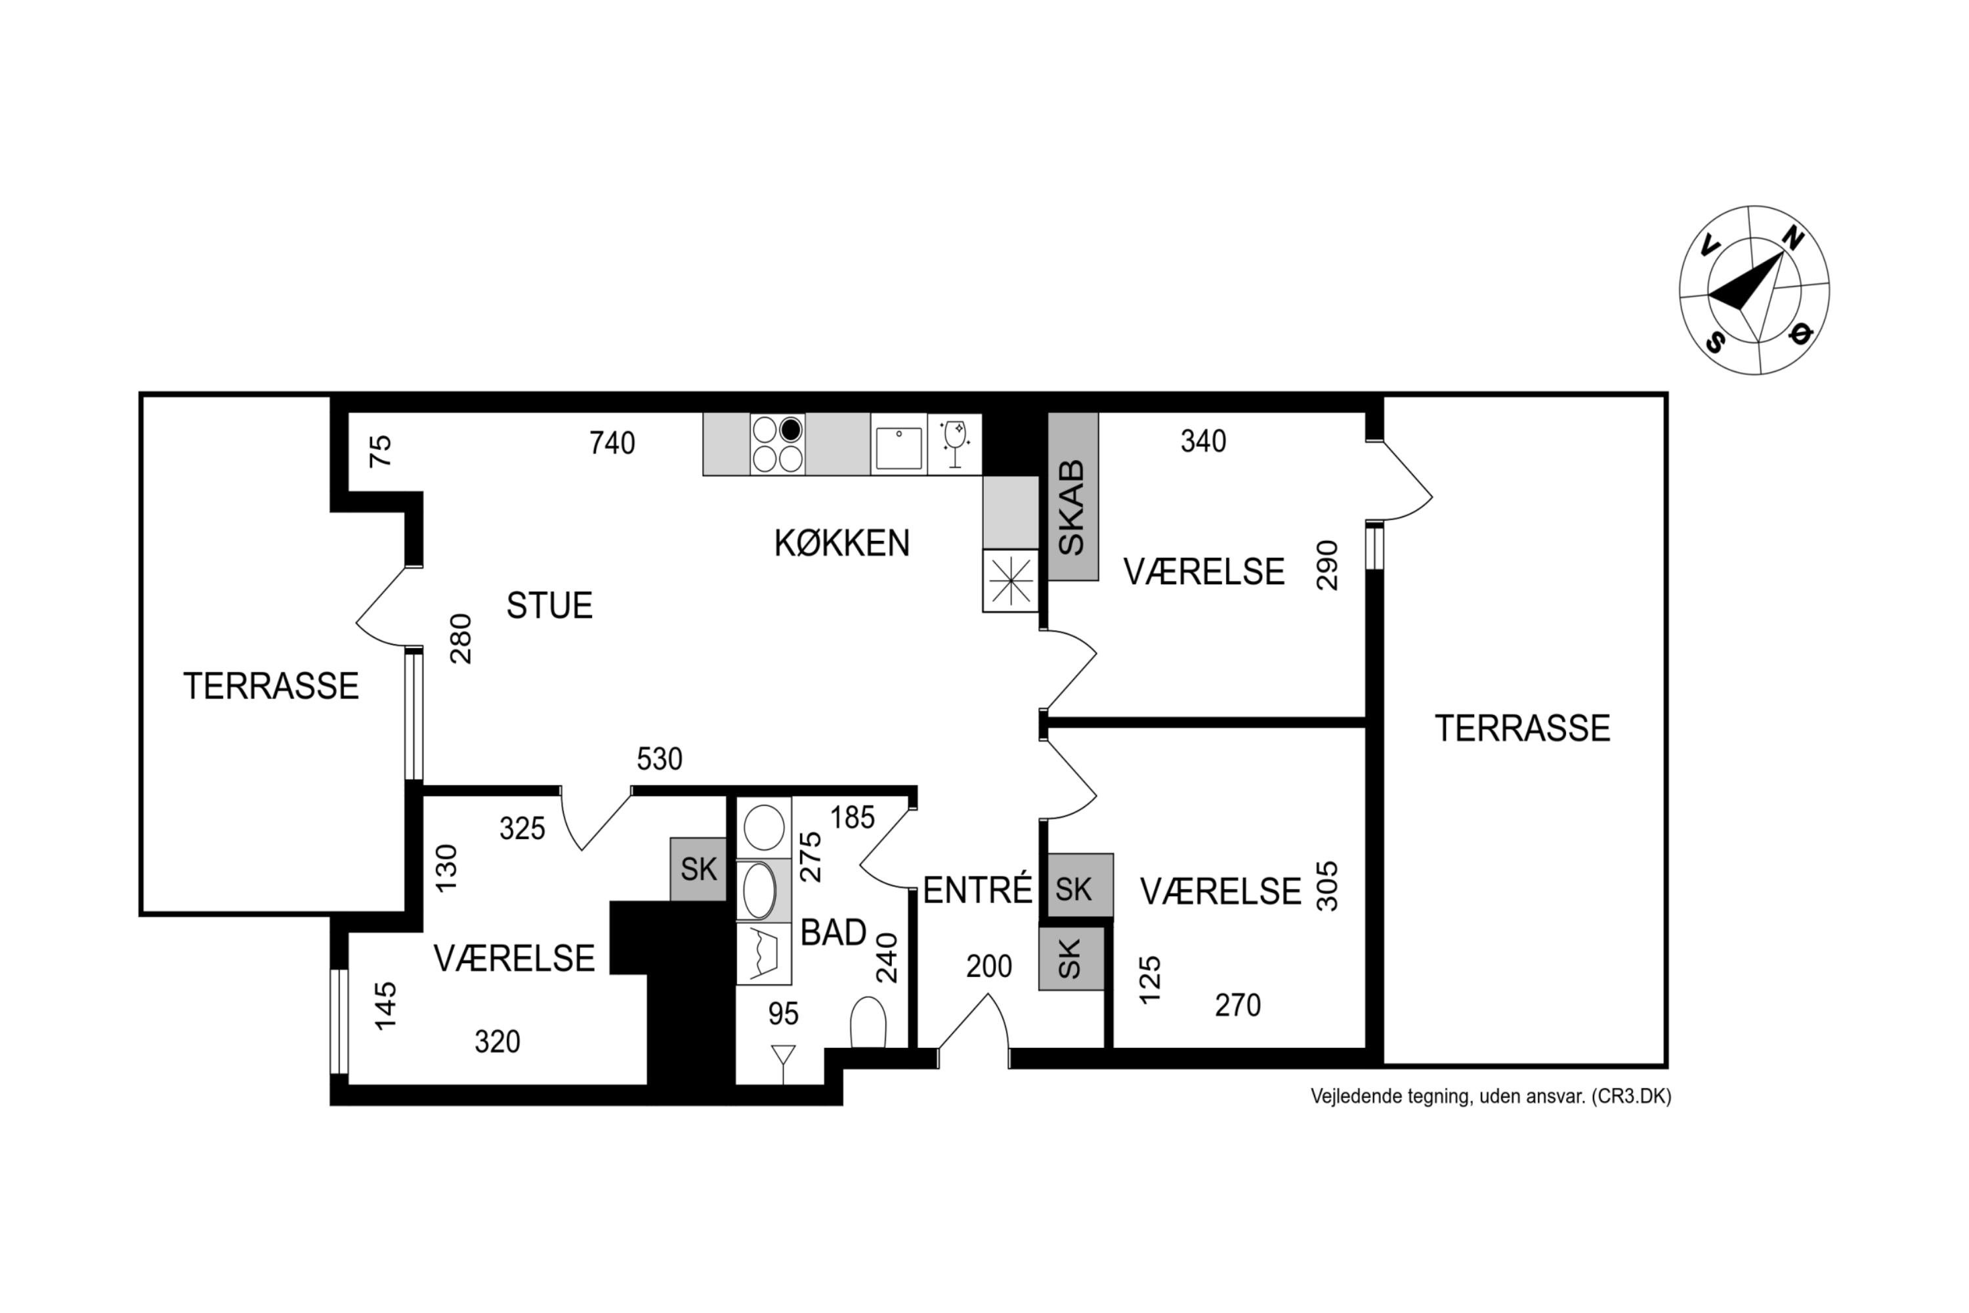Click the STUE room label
tap(549, 605)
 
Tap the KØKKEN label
tap(841, 544)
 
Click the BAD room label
tap(833, 932)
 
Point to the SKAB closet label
tap(1072, 507)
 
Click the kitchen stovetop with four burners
tap(777, 444)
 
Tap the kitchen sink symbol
tap(899, 447)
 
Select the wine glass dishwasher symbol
tap(954, 444)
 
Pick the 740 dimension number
tap(612, 443)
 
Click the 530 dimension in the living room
tap(660, 759)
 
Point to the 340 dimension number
tap(1203, 441)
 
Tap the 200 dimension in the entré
tap(988, 966)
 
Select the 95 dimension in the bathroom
tap(784, 1014)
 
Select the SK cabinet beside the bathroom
tap(698, 869)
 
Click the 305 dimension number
tap(1328, 886)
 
